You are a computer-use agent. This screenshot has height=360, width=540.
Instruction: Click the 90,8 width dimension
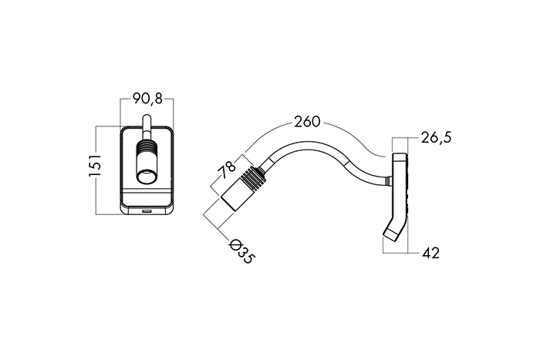tap(147, 99)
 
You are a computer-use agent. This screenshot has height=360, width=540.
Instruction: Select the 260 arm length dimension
tap(306, 122)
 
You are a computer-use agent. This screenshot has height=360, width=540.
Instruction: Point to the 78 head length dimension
tap(226, 170)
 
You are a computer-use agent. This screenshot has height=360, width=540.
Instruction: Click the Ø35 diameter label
tap(241, 251)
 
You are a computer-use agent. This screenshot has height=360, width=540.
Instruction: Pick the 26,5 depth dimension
tap(436, 138)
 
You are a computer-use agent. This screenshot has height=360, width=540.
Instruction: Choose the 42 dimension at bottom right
tap(431, 253)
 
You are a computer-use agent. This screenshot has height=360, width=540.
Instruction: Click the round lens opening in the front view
tap(147, 178)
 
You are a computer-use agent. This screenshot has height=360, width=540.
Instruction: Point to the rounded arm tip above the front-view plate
tap(147, 119)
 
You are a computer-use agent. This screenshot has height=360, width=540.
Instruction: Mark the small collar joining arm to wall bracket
tap(388, 180)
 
